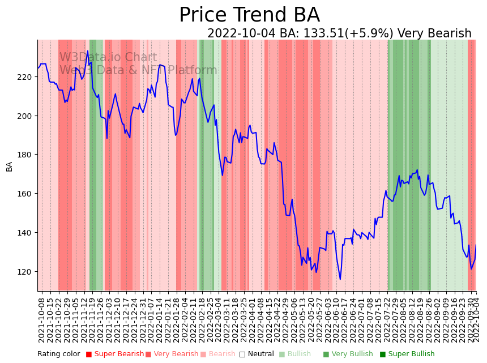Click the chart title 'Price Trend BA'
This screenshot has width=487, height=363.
tap(249, 15)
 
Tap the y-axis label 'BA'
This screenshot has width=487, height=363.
tap(10, 166)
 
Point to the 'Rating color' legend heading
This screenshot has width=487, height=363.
tap(59, 355)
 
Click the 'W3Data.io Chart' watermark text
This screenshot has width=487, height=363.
tap(108, 57)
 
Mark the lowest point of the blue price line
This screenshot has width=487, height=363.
tap(340, 279)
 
